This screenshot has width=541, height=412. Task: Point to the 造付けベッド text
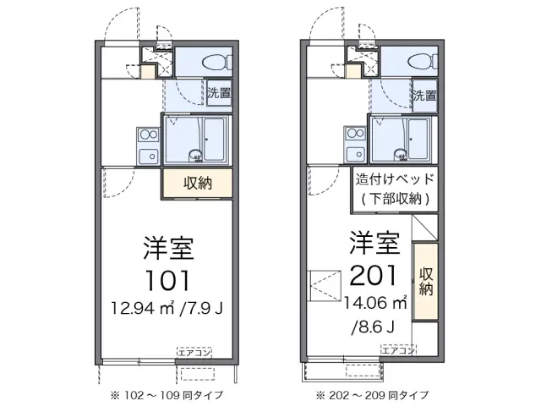(x=395, y=179)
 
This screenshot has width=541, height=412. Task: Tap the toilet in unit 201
(x=418, y=62)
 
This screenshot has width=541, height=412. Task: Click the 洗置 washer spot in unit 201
(x=425, y=96)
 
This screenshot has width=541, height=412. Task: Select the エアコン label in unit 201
(x=397, y=349)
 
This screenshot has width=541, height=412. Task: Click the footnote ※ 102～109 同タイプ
(x=166, y=395)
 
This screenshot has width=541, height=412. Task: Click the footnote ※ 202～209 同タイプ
(x=373, y=395)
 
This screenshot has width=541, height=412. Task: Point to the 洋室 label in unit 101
(x=167, y=249)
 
